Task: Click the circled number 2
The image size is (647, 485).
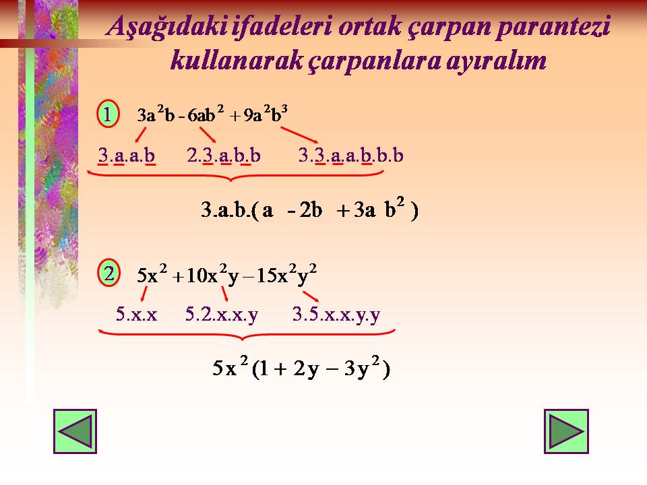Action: click(109, 273)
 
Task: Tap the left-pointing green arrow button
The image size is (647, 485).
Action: click(75, 431)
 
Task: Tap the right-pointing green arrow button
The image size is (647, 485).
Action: click(566, 431)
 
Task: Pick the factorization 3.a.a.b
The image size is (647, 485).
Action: click(127, 156)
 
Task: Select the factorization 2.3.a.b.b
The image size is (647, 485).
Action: click(224, 156)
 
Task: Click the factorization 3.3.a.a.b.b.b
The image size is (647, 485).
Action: click(350, 156)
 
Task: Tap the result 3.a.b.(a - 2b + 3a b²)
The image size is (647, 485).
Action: click(309, 209)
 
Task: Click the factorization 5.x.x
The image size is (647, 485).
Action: click(137, 315)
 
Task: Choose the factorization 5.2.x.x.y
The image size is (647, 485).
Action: click(222, 315)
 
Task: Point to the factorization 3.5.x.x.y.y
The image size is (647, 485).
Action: click(336, 315)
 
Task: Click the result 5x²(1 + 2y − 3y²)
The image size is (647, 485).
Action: click(301, 368)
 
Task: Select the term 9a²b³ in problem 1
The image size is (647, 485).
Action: click(266, 115)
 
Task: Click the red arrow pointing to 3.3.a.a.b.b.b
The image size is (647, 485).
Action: click(299, 135)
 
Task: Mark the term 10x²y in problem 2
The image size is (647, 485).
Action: click(213, 275)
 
